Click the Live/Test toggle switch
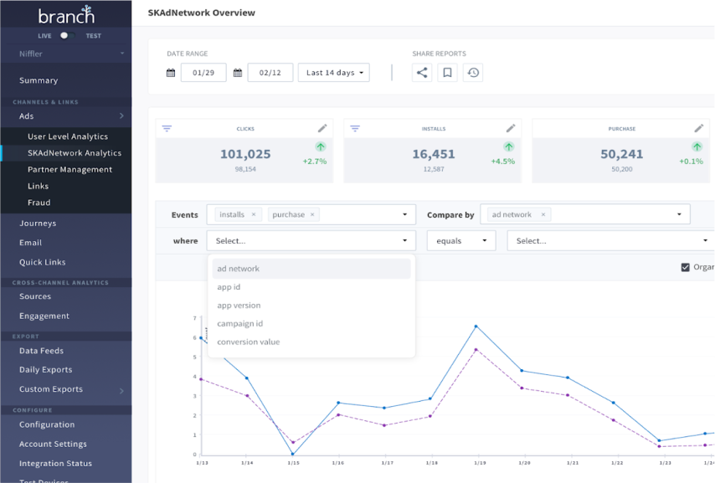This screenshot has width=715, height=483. click(x=66, y=36)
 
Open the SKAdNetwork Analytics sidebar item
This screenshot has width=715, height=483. click(x=74, y=153)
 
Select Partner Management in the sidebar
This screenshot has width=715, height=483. click(x=69, y=169)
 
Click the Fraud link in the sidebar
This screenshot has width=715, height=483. click(x=39, y=203)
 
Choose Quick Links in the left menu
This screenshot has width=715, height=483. click(x=42, y=262)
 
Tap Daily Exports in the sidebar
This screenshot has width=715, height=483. click(x=45, y=369)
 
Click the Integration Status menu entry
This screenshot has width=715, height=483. click(x=55, y=463)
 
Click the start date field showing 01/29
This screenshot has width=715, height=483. click(x=203, y=73)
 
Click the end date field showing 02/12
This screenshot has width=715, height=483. click(x=270, y=73)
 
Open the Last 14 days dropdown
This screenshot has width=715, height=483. click(x=333, y=73)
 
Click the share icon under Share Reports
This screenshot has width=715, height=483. click(x=422, y=73)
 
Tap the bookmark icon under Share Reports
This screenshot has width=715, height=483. click(x=448, y=73)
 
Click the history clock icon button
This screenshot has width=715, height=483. click(x=473, y=73)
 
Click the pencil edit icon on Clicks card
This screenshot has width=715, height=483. click(x=322, y=128)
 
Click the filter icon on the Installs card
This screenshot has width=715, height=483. click(x=355, y=128)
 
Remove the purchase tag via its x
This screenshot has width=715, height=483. click(x=313, y=215)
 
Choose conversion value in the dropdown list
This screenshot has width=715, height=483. click(x=249, y=342)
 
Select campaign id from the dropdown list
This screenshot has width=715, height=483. click(x=240, y=323)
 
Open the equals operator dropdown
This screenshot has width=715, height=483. click(x=460, y=241)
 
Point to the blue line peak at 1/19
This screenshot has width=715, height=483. click(x=476, y=326)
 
